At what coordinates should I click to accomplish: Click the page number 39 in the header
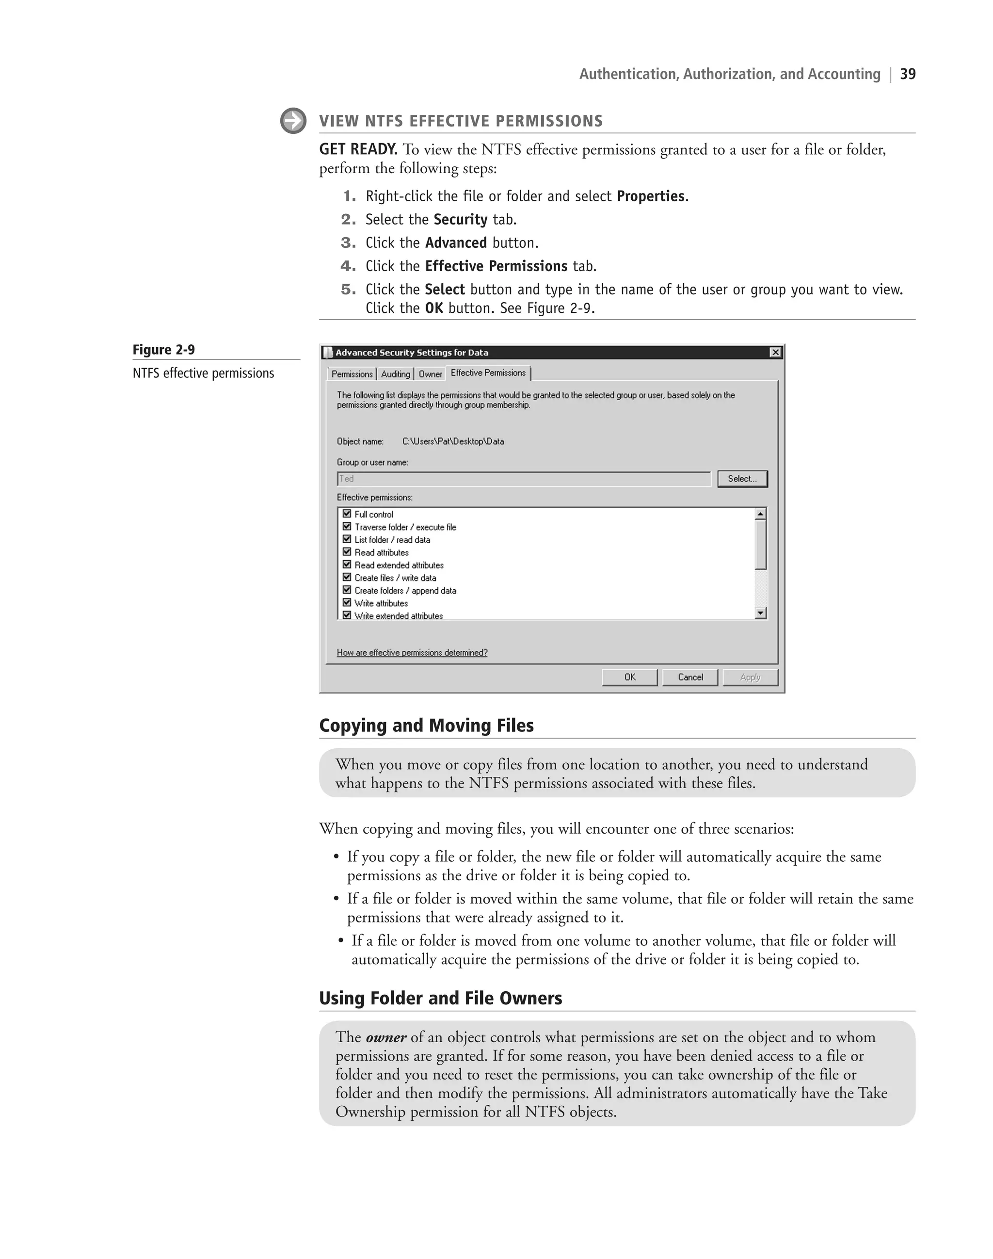(908, 74)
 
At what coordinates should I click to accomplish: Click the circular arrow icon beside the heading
(293, 121)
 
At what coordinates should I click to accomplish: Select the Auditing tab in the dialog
(395, 374)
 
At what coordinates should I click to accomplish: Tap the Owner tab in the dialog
(430, 374)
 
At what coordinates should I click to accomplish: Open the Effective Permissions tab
(488, 373)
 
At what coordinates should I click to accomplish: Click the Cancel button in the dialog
(690, 677)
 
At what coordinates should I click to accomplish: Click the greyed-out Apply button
(750, 677)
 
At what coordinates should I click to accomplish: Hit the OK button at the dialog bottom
(630, 677)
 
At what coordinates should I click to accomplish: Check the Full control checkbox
(347, 514)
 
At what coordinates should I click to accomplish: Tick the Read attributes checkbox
(347, 552)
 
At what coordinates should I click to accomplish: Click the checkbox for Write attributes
(347, 602)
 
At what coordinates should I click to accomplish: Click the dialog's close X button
(775, 353)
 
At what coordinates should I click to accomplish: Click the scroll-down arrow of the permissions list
(760, 613)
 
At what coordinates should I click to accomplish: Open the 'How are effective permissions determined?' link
(412, 652)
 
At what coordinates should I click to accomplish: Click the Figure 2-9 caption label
(163, 350)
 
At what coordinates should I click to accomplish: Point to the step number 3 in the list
(348, 242)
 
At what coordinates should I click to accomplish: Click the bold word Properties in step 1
(651, 196)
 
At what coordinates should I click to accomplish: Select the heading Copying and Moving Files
(426, 725)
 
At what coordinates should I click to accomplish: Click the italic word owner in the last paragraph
(386, 1037)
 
